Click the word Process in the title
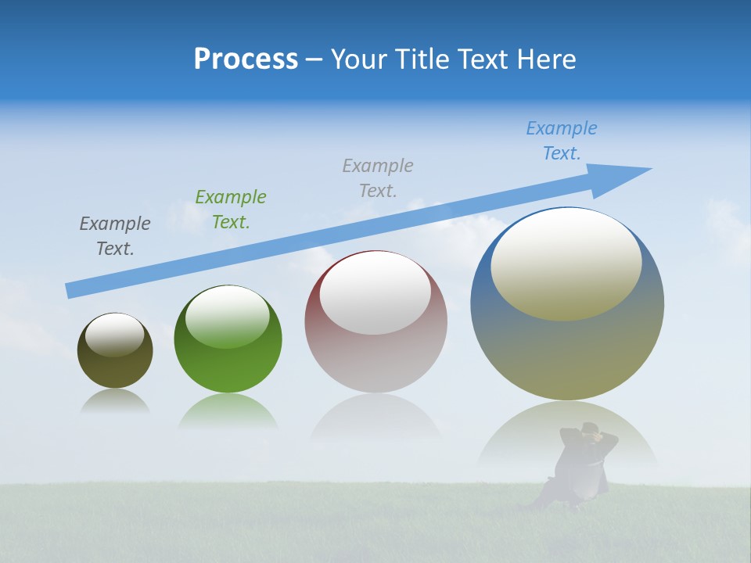pyautogui.click(x=246, y=59)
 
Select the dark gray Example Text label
pyautogui.click(x=115, y=236)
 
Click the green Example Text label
pyautogui.click(x=231, y=210)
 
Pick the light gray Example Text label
pyautogui.click(x=378, y=178)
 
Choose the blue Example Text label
pyautogui.click(x=562, y=141)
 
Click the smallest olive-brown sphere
pyautogui.click(x=115, y=368)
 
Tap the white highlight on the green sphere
pyautogui.click(x=228, y=317)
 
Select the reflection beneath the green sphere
pyautogui.click(x=228, y=411)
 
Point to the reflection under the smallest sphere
pyautogui.click(x=115, y=402)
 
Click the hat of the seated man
pyautogui.click(x=591, y=428)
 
